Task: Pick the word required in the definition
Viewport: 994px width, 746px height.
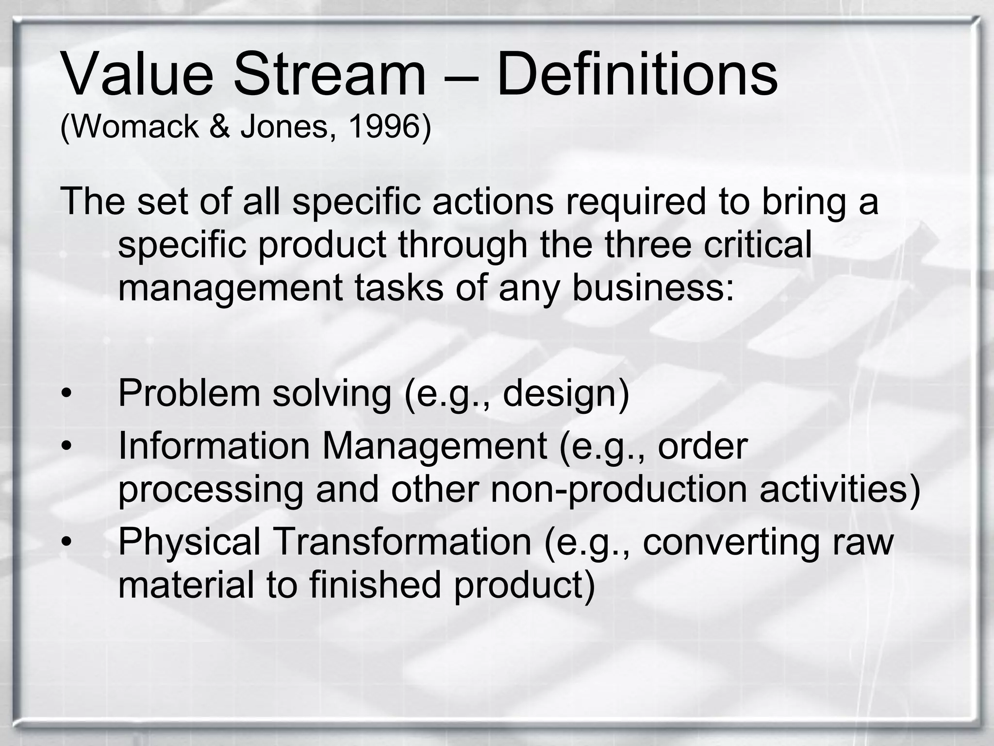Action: pos(635,202)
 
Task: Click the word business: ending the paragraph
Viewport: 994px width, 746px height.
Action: pos(653,288)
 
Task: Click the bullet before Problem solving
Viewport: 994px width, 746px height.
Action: pos(66,394)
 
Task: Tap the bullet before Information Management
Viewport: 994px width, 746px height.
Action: pos(66,446)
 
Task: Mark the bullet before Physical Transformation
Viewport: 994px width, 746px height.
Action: pos(66,542)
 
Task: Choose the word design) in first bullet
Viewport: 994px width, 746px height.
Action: pos(565,393)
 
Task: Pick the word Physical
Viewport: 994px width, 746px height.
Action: pos(190,542)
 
